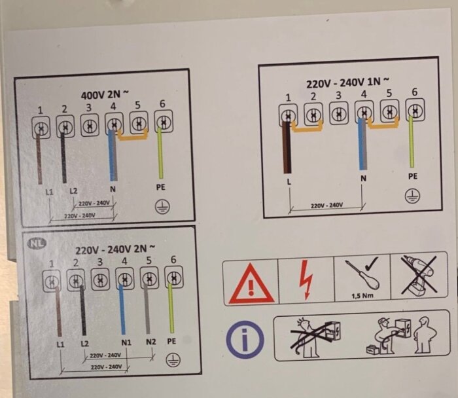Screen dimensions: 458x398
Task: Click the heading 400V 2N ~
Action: [x=104, y=94]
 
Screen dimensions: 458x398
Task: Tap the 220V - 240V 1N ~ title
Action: [x=347, y=82]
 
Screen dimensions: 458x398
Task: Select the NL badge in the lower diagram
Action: [x=37, y=243]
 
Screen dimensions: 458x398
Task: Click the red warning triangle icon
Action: [x=251, y=283]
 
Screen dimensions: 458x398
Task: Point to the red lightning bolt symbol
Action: [x=306, y=279]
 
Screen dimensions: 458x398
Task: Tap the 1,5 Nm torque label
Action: [x=362, y=296]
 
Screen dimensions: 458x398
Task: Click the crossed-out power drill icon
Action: [x=419, y=275]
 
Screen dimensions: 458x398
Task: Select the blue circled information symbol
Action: [x=245, y=340]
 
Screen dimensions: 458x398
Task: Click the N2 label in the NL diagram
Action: [x=151, y=342]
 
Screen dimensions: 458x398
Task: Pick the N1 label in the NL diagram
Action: [x=126, y=342]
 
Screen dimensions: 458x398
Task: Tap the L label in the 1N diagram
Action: [x=289, y=182]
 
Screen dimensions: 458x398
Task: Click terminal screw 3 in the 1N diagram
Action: [x=339, y=113]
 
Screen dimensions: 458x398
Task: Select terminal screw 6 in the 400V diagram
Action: [x=164, y=122]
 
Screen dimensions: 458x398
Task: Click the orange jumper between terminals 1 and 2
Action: [x=308, y=127]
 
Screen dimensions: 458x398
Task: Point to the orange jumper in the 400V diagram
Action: [x=133, y=136]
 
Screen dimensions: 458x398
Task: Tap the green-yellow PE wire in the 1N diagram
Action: [x=412, y=142]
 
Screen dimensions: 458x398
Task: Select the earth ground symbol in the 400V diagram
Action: [x=162, y=207]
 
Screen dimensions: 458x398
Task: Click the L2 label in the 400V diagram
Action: [x=73, y=191]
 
